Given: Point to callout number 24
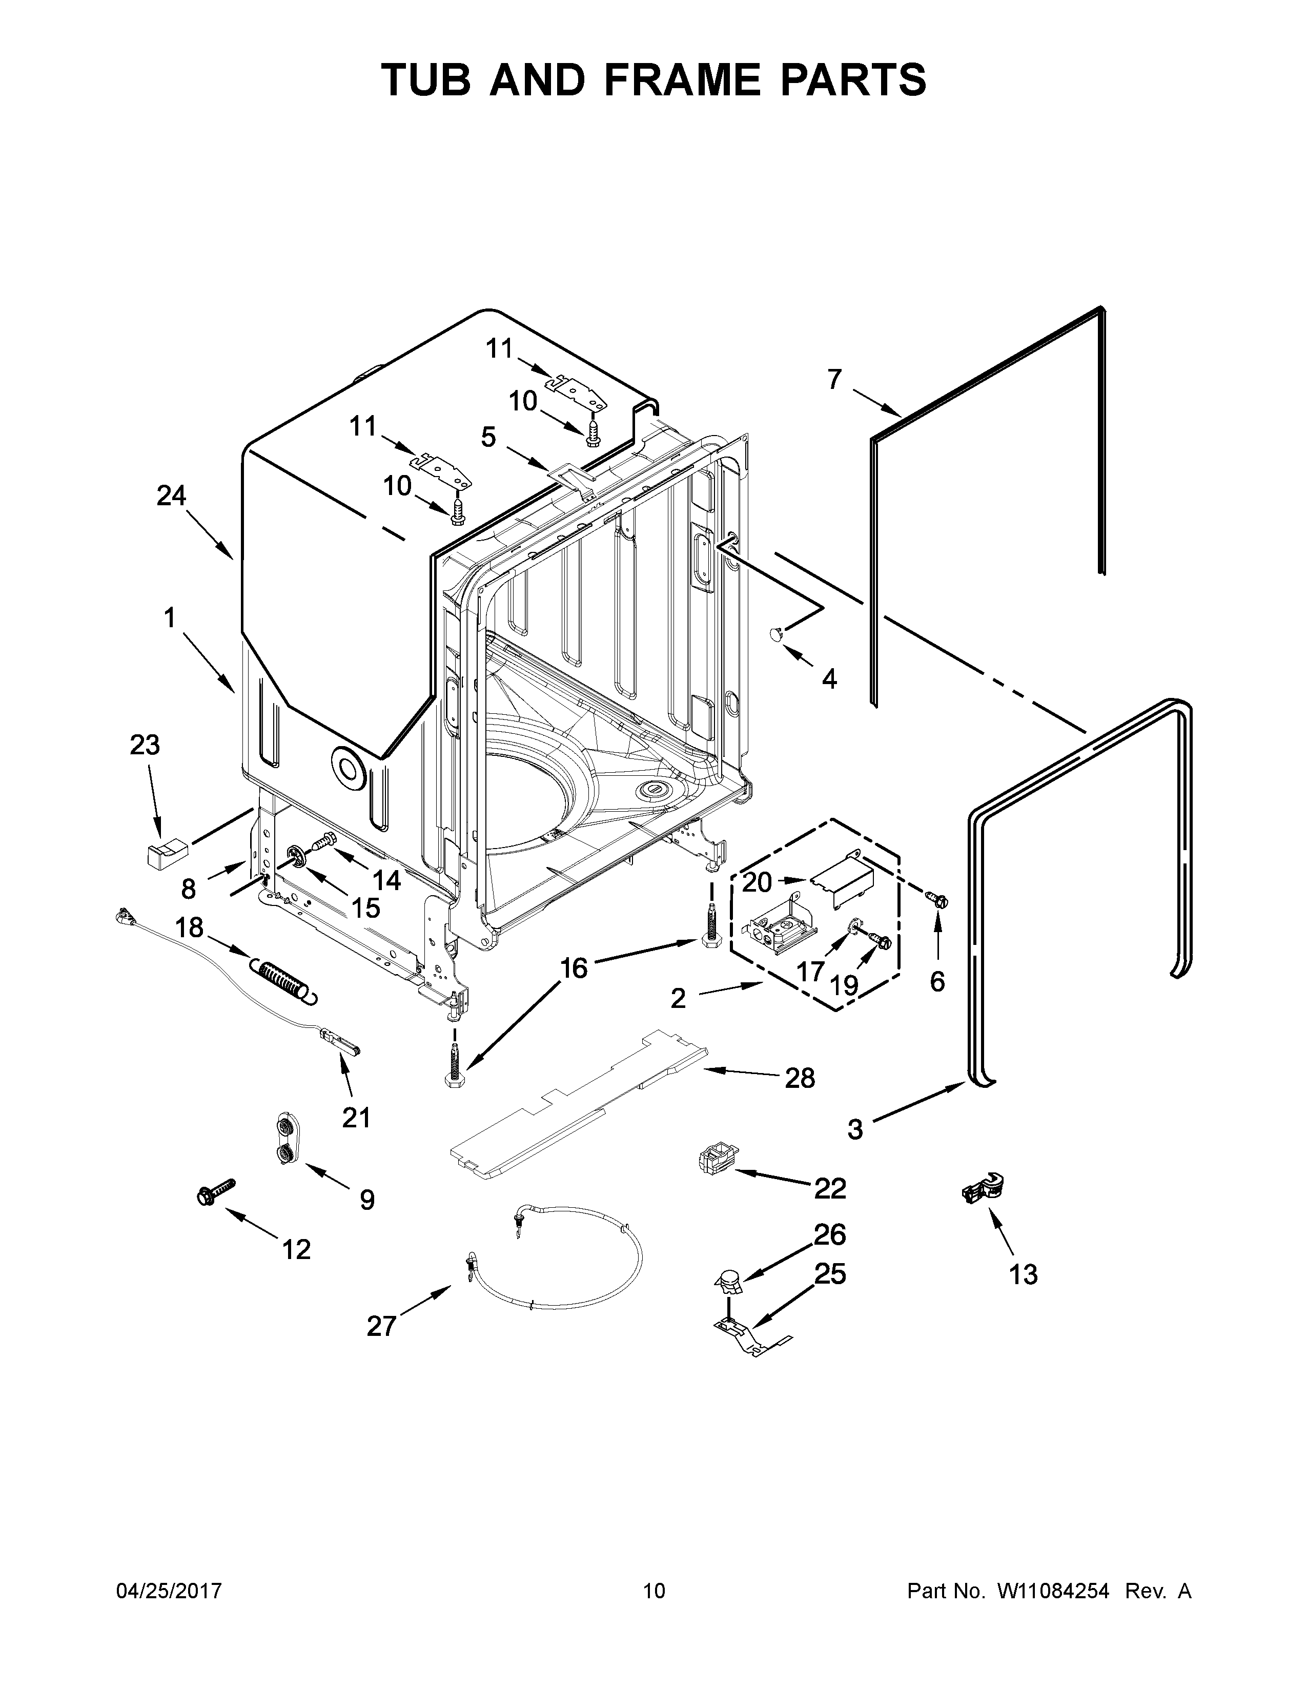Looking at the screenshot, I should coord(171,496).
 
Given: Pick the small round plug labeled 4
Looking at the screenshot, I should coord(776,634).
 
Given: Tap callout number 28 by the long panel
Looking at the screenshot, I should coord(800,1078).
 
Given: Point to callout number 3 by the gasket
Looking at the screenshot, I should coord(855,1130).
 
